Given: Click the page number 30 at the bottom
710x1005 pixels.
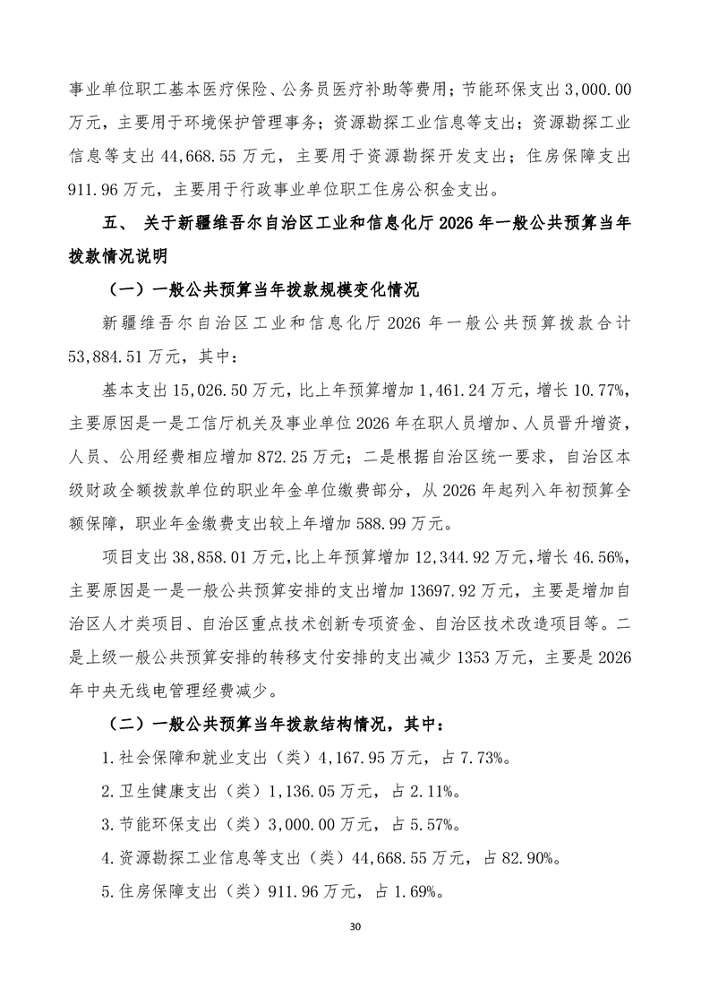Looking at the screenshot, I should pyautogui.click(x=355, y=925).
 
